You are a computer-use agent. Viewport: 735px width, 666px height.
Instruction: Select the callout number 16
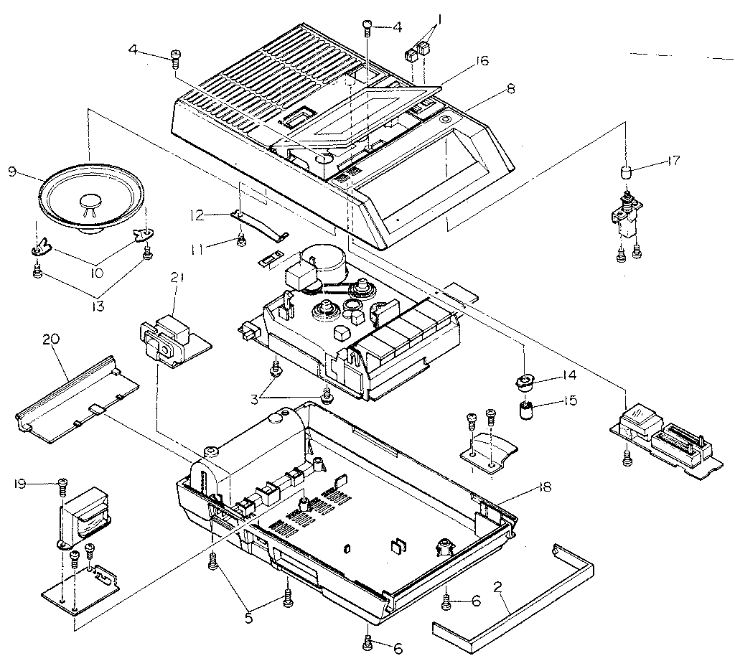[481, 61]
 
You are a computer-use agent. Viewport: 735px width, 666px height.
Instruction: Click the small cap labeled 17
[625, 173]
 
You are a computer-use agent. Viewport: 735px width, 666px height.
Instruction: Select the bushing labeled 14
[526, 380]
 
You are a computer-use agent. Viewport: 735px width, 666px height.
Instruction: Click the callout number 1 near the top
[438, 22]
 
